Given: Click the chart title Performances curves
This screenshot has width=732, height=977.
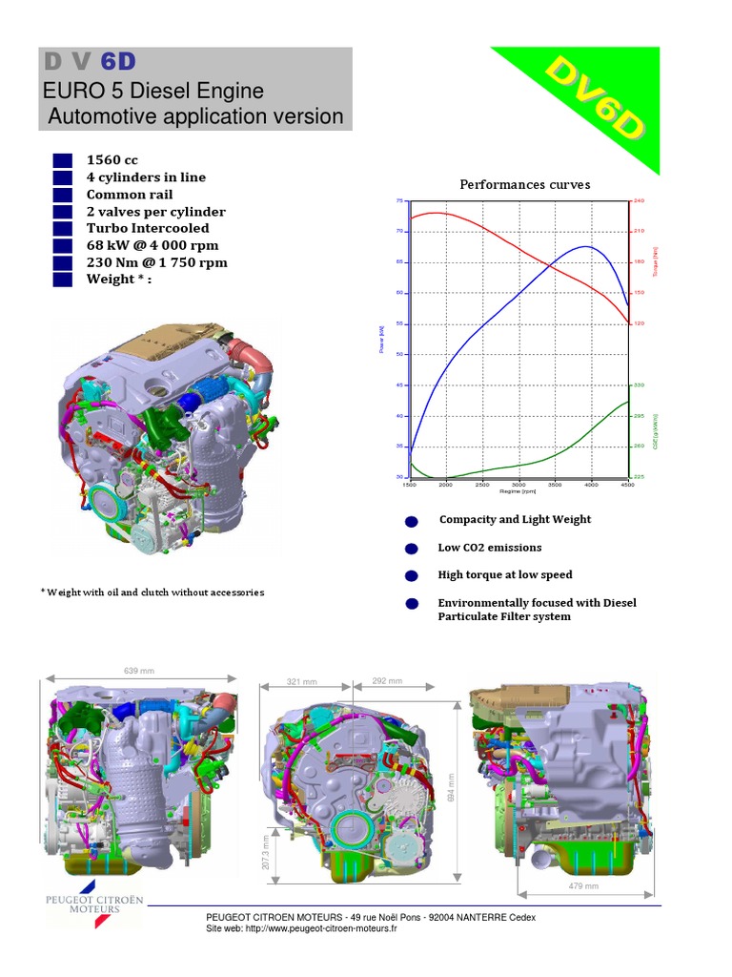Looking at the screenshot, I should [x=525, y=184].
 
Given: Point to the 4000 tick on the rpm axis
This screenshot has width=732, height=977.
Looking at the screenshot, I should [x=591, y=485].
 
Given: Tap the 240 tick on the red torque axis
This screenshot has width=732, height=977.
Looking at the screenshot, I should [x=639, y=200].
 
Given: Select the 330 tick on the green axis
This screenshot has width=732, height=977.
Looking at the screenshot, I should [x=639, y=385].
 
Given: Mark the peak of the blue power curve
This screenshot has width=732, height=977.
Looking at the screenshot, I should [x=585, y=246].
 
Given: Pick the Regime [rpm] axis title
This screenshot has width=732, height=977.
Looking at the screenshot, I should [x=518, y=491].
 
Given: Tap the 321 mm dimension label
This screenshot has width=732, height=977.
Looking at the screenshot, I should [x=302, y=682].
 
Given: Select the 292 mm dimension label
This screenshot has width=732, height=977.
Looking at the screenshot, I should [x=387, y=681].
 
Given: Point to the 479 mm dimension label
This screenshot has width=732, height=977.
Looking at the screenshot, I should [x=584, y=886].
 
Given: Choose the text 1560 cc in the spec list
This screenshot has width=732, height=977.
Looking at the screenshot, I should [x=112, y=160].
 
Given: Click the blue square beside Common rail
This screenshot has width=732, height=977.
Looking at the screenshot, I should [x=63, y=195].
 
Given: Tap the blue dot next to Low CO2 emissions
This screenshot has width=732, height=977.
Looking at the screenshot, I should [x=412, y=549].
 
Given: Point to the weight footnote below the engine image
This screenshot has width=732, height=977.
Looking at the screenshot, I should [x=152, y=592].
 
